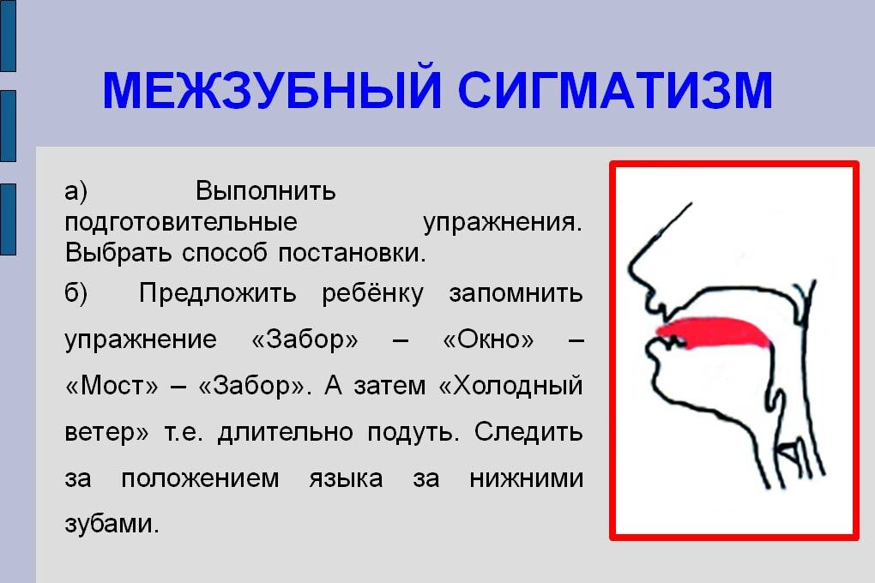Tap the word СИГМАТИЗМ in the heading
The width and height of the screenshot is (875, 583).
tap(616, 89)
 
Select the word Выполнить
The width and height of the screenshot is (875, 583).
tap(266, 191)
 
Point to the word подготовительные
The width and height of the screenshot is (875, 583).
tap(181, 223)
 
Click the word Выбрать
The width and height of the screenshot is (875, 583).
tap(118, 253)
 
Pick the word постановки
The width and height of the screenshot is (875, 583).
tap(352, 253)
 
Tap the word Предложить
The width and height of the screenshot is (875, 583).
tap(218, 293)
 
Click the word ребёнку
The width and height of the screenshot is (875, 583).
tap(373, 293)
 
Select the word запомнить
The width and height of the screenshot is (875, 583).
tap(516, 293)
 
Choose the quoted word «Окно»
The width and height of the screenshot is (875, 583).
tap(488, 340)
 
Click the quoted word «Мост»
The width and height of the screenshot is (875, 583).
tap(112, 386)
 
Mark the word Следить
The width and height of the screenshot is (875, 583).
tap(528, 432)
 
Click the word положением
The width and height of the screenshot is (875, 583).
tap(201, 479)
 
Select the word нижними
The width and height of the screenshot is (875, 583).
tap(526, 478)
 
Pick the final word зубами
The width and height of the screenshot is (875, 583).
tap(112, 524)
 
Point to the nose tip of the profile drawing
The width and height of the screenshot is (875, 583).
tap(631, 267)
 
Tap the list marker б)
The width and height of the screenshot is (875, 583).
tap(75, 293)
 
